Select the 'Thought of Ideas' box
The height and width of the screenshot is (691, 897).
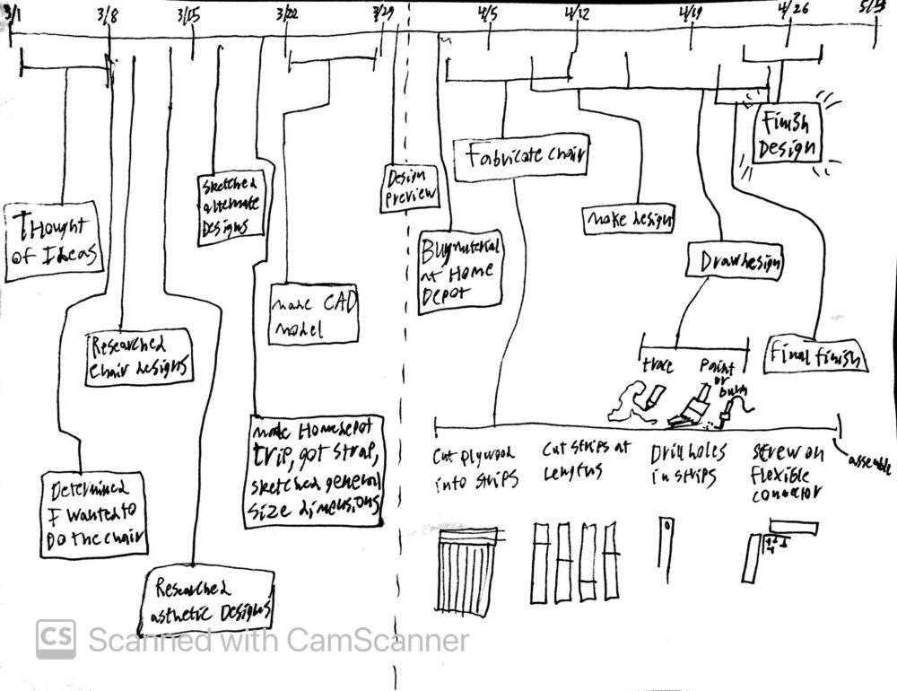pyautogui.click(x=52, y=238)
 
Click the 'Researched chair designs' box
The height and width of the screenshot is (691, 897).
pyautogui.click(x=141, y=356)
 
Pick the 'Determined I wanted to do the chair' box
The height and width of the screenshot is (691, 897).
pyautogui.click(x=96, y=514)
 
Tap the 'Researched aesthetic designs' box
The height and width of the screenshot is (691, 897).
pyautogui.click(x=212, y=599)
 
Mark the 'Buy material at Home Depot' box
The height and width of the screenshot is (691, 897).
pyautogui.click(x=460, y=272)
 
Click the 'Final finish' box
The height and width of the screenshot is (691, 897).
pyautogui.click(x=816, y=357)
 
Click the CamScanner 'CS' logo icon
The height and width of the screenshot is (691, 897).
pyautogui.click(x=56, y=639)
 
